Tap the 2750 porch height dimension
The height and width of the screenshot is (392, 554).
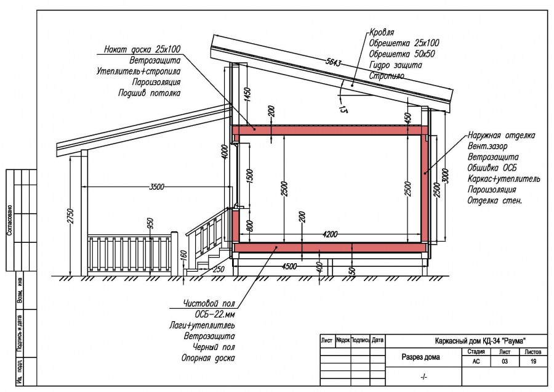[x=71, y=216]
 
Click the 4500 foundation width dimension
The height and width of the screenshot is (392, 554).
[x=288, y=266]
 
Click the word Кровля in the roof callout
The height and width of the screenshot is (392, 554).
[x=382, y=32]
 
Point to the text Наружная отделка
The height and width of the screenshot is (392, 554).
[x=500, y=135]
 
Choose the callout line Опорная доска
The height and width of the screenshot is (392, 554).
[x=207, y=358]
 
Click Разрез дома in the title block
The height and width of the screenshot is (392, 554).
[x=421, y=357]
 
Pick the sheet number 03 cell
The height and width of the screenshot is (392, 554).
[x=504, y=362]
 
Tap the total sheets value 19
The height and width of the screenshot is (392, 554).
[x=533, y=362]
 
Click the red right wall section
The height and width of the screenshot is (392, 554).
[x=424, y=189]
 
